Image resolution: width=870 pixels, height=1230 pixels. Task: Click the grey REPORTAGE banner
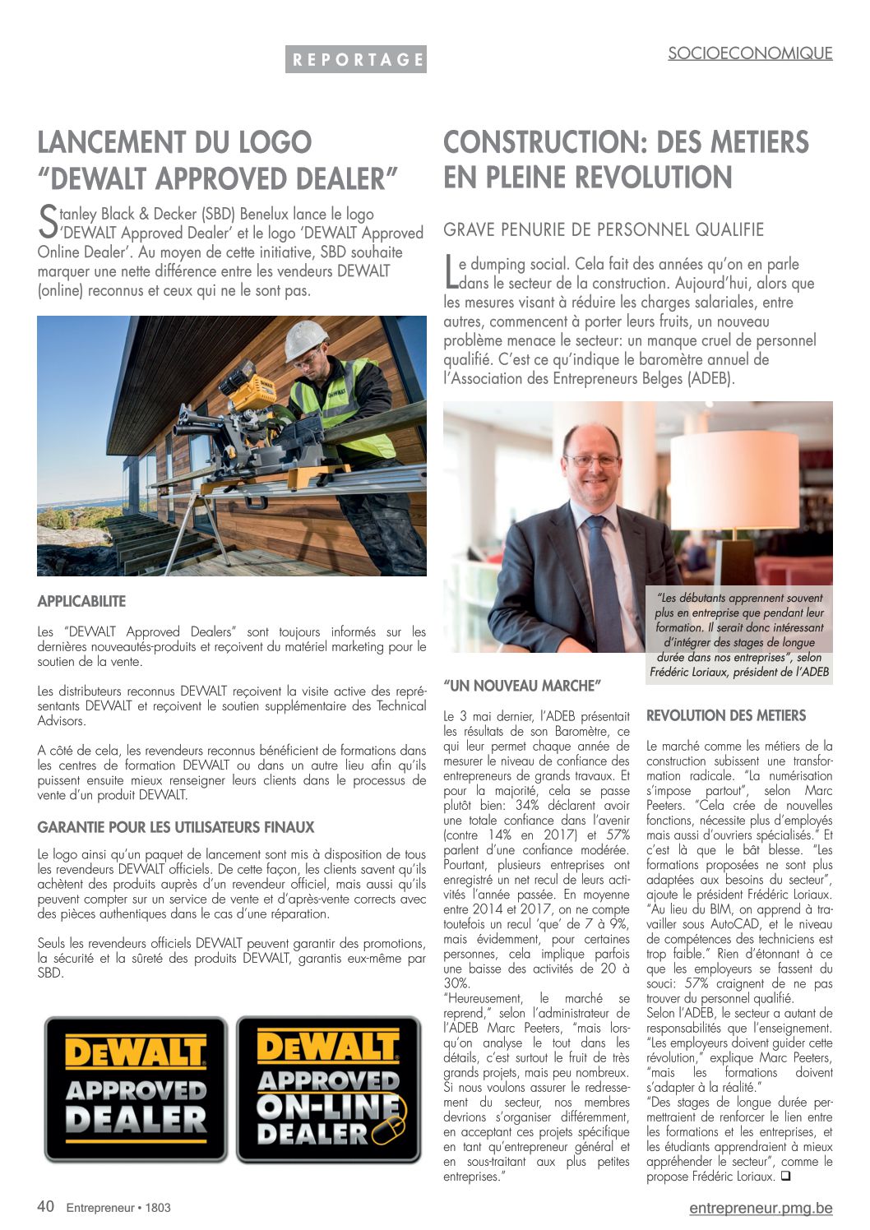pyautogui.click(x=356, y=59)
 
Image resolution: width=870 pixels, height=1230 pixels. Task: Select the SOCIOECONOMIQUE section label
pyautogui.click(x=749, y=53)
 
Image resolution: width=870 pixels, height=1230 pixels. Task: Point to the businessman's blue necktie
pyautogui.click(x=604, y=576)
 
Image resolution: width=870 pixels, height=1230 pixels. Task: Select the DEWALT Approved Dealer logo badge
pyautogui.click(x=136, y=1089)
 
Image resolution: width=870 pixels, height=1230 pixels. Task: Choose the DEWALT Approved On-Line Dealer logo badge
pyautogui.click(x=329, y=1089)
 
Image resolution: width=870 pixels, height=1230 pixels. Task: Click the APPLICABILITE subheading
pyautogui.click(x=81, y=602)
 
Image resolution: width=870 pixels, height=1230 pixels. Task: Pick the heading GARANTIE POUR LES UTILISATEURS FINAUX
pyautogui.click(x=176, y=827)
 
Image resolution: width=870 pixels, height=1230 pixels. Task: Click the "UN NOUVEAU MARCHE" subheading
pyautogui.click(x=522, y=686)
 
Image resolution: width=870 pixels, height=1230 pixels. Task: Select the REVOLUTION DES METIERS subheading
pyautogui.click(x=726, y=716)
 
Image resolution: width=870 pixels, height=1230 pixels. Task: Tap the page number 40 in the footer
pyautogui.click(x=46, y=1206)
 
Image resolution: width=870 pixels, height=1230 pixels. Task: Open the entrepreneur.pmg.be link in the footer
pyautogui.click(x=761, y=1208)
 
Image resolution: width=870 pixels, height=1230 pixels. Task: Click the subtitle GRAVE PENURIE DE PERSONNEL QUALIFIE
pyautogui.click(x=604, y=229)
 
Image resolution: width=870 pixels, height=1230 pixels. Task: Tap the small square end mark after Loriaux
pyautogui.click(x=786, y=1176)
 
